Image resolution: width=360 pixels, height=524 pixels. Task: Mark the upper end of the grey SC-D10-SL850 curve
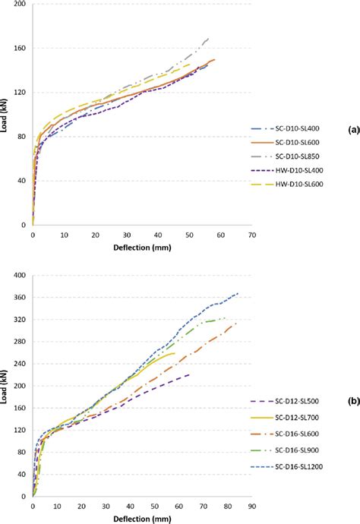tap(208, 38)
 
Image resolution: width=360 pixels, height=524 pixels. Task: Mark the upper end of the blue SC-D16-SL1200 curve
tap(238, 293)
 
